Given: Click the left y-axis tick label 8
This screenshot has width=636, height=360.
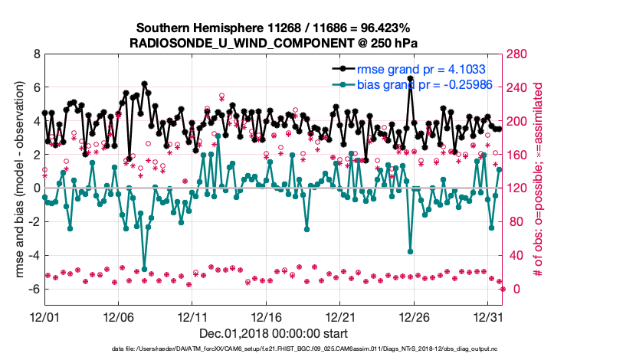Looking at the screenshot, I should tap(37, 54).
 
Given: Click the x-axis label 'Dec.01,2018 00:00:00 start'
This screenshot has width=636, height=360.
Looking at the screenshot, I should tap(273, 333).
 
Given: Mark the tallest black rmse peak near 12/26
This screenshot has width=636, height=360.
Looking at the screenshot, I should tap(411, 78).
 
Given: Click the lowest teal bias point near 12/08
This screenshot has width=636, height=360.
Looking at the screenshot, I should tap(144, 269).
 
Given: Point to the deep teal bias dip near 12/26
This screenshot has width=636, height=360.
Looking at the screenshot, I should tap(411, 251).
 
